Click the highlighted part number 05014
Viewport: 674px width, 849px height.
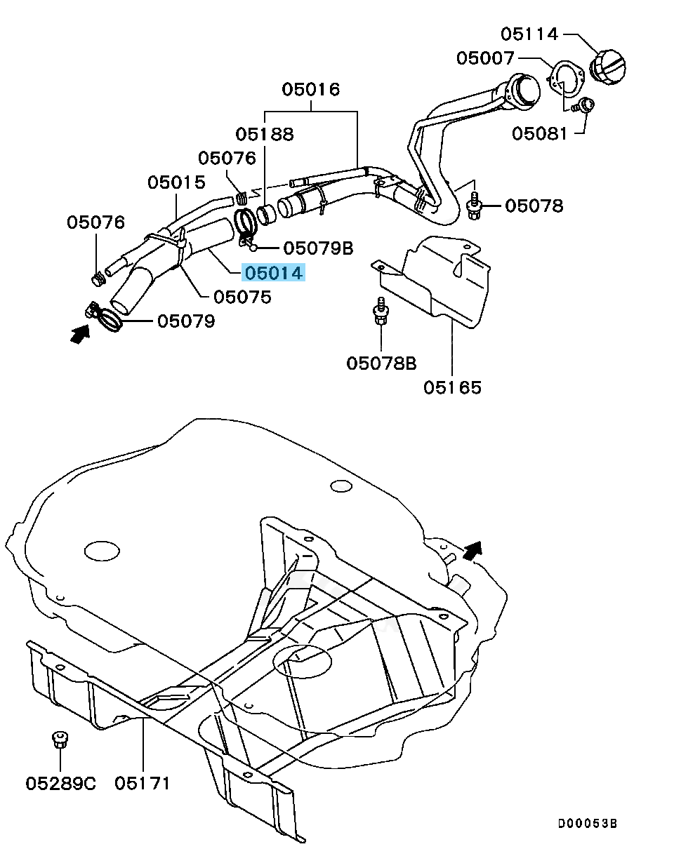[274, 273]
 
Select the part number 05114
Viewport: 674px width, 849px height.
[529, 34]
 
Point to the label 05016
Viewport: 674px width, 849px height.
[311, 90]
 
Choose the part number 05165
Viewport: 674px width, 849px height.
[452, 387]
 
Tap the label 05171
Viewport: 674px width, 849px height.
[143, 782]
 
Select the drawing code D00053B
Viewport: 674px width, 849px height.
[588, 824]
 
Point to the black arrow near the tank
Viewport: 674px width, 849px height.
[473, 551]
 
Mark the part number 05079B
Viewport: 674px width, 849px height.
[318, 248]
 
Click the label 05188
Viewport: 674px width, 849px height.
[265, 133]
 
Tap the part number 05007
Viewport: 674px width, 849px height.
[485, 58]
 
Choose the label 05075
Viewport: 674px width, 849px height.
[242, 297]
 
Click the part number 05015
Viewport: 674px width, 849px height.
[176, 182]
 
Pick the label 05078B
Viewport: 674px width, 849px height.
[381, 363]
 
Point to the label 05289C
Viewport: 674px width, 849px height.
[60, 782]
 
